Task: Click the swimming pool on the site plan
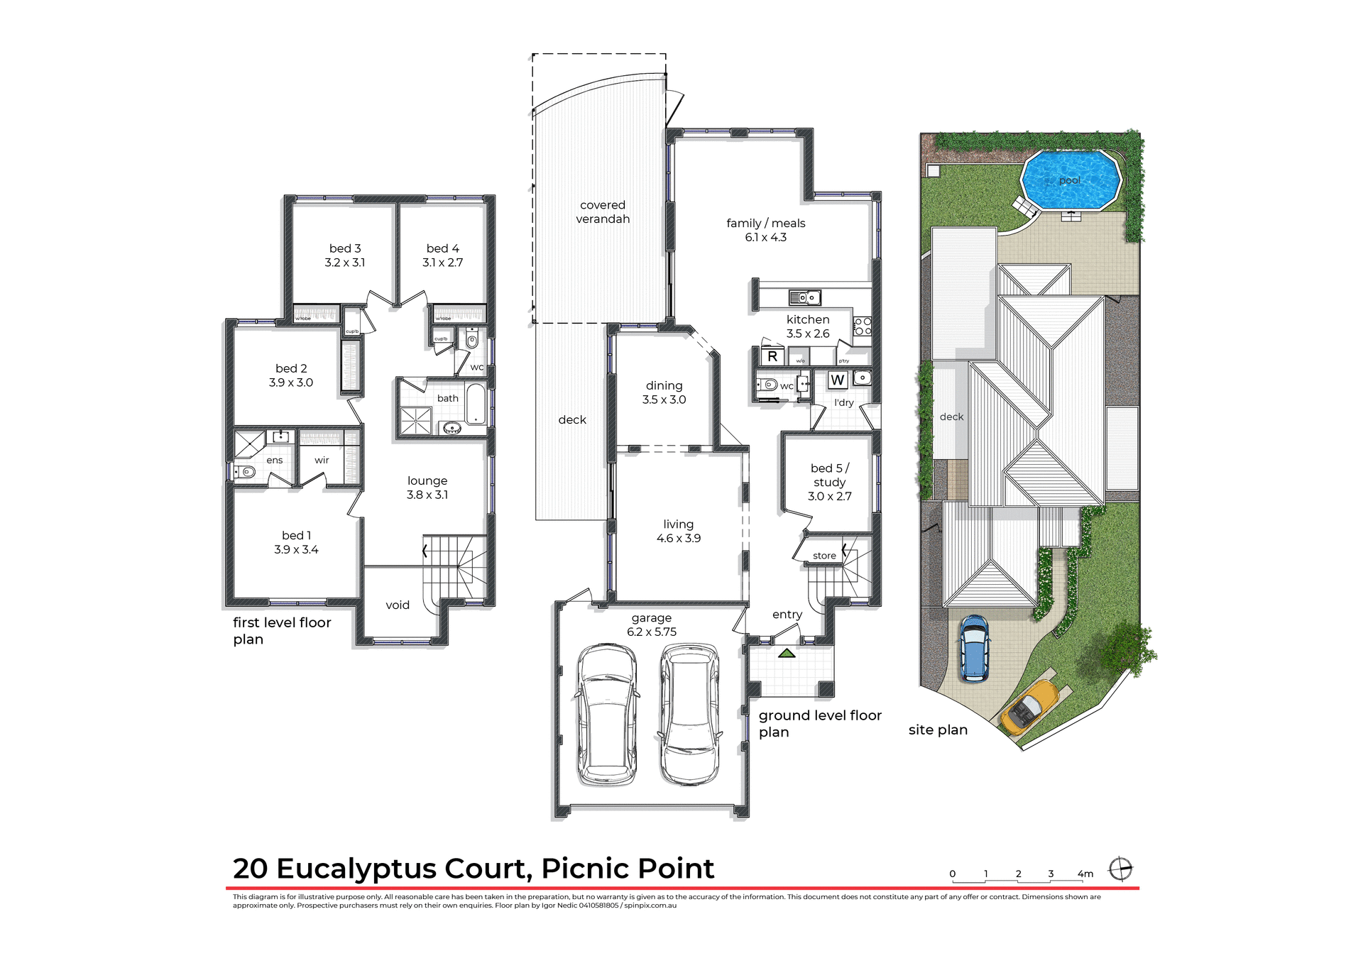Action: click(x=1070, y=180)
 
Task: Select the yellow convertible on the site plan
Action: click(x=1029, y=707)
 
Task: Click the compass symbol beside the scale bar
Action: click(x=1120, y=869)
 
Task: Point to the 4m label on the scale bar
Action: click(x=1085, y=874)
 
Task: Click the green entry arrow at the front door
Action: click(x=787, y=653)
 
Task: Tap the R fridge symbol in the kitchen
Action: click(x=772, y=357)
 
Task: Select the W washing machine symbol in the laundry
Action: click(x=838, y=380)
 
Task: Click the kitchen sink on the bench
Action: click(x=805, y=298)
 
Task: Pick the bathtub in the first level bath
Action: click(x=475, y=405)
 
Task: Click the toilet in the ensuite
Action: click(x=246, y=472)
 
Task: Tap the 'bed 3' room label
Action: click(x=345, y=248)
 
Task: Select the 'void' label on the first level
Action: click(x=398, y=605)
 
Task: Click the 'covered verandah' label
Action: click(x=603, y=212)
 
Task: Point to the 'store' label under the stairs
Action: click(x=824, y=556)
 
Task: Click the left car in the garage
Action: click(x=606, y=713)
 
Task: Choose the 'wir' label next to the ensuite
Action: click(x=322, y=460)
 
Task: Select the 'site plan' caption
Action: click(x=938, y=730)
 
